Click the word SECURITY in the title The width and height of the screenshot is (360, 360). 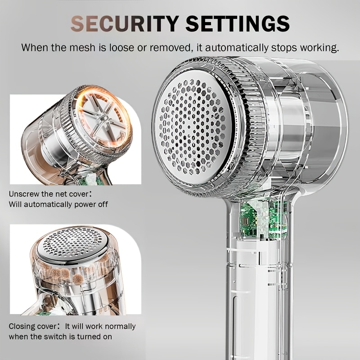coord(125,23)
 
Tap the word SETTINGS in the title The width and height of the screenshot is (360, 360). coord(238,23)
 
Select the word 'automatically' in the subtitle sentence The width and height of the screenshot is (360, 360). coord(237,48)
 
